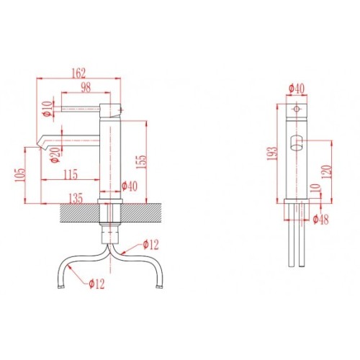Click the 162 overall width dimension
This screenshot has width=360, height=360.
pos(79,73)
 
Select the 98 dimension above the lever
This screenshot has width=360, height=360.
pos(86,87)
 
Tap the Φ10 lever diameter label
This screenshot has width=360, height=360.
pos(48,109)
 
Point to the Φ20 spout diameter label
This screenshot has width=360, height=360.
pos(55,155)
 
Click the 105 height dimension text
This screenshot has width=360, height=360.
pos(20,175)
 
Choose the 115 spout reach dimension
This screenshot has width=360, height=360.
pos(71,174)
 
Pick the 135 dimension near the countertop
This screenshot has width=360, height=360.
pos(76,198)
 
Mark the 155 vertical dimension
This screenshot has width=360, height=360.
pos(141,162)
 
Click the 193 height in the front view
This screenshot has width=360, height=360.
pos(272,153)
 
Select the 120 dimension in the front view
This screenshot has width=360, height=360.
pos(327,171)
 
